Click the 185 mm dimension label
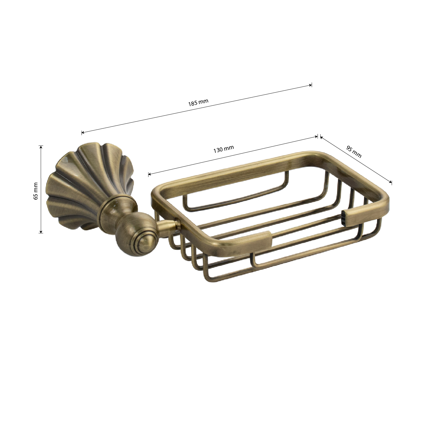tap(198, 102)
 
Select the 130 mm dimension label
tap(223, 149)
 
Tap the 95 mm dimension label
tap(354, 151)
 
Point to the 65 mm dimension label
tap(36, 191)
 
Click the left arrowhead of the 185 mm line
tap(83, 133)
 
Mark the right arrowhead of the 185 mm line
tap(310, 85)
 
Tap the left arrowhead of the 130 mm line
tap(150, 174)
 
